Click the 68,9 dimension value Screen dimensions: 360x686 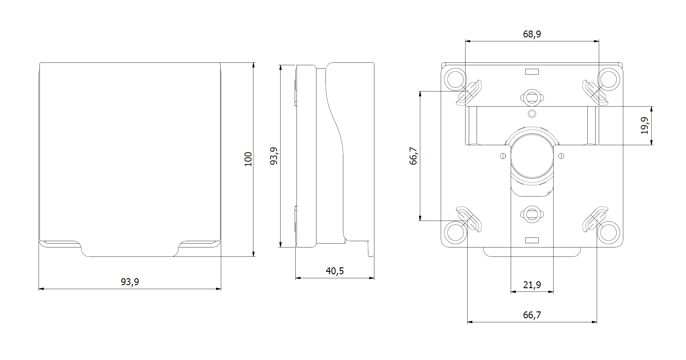point(532,34)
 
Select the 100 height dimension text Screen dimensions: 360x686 point(248,159)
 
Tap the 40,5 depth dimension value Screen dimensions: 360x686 point(335,271)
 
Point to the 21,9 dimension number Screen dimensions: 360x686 point(532,285)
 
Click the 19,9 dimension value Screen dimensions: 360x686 point(645,126)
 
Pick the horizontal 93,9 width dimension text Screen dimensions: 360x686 point(130,282)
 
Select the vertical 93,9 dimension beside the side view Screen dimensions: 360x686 point(274,156)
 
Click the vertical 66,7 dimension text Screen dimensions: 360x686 point(413,156)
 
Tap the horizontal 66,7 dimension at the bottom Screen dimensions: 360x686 point(532,315)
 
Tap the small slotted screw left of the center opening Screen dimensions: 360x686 point(503,156)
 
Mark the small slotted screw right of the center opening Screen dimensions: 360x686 point(561,156)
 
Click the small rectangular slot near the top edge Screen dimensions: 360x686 point(532,72)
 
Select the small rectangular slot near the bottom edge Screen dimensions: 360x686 point(532,240)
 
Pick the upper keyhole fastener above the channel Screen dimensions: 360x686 point(532,97)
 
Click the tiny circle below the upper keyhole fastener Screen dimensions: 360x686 point(532,114)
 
